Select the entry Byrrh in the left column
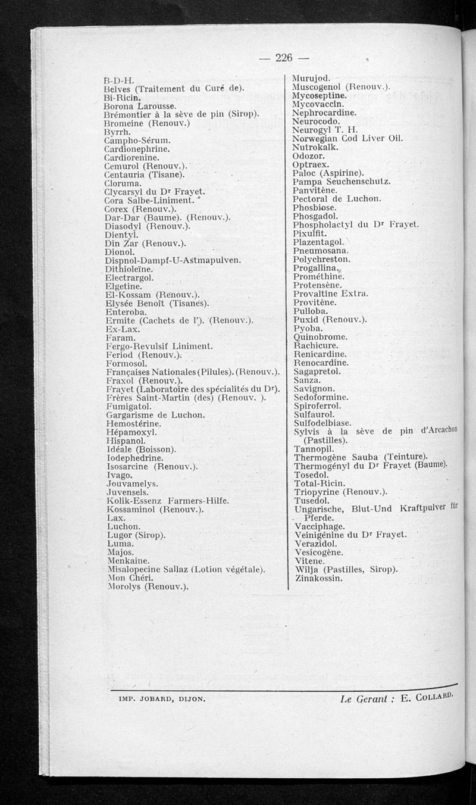pyautogui.click(x=115, y=132)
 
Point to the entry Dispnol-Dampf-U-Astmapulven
pyautogui.click(x=172, y=260)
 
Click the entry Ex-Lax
pyautogui.click(x=121, y=329)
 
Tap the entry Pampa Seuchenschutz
pyautogui.click(x=342, y=181)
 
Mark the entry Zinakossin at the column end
pyautogui.click(x=318, y=578)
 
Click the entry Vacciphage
pyautogui.click(x=320, y=526)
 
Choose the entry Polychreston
pyautogui.click(x=321, y=260)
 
